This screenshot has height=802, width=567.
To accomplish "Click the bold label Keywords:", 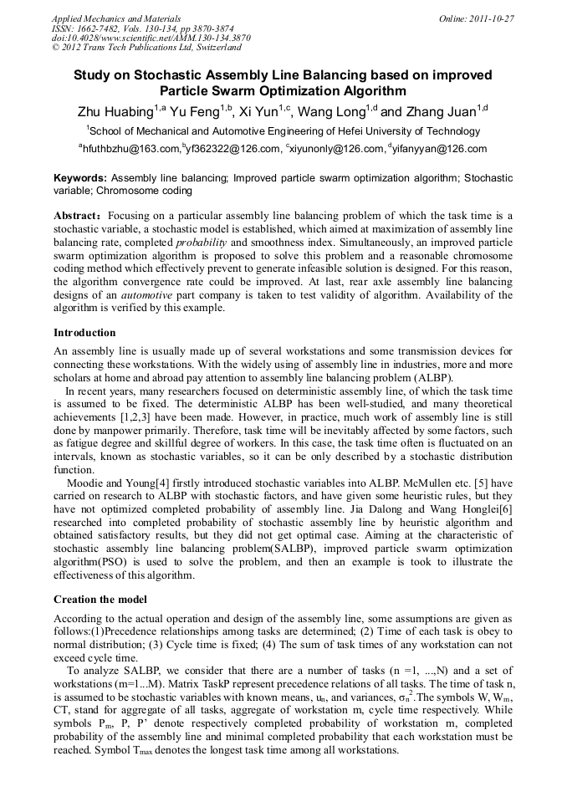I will (80, 178).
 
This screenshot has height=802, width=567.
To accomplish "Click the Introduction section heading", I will (84, 333).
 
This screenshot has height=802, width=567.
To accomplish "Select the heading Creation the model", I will (100, 600).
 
